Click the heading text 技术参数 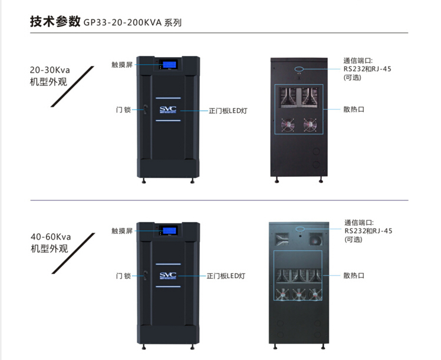(x=54, y=22)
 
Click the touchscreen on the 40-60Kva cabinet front (x=167, y=230)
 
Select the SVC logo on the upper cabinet (x=167, y=110)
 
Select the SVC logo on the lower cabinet (x=167, y=276)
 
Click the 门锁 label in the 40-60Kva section (x=123, y=275)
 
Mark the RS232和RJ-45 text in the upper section (x=367, y=69)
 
